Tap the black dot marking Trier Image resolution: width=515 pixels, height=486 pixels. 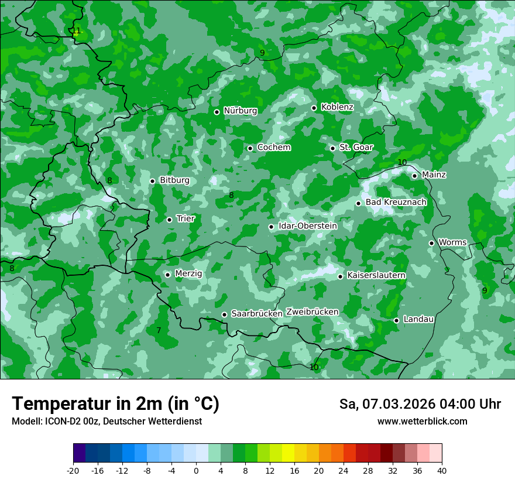click(x=169, y=220)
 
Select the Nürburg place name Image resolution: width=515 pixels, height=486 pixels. click(x=240, y=111)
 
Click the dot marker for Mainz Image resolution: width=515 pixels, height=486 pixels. click(x=414, y=176)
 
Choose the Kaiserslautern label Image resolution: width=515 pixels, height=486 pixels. click(x=376, y=275)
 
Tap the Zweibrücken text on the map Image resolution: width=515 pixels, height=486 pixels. click(x=312, y=312)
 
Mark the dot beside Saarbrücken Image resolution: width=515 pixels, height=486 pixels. click(x=224, y=314)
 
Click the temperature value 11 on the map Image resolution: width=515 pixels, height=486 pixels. click(x=76, y=31)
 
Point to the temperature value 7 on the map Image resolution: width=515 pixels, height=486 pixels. click(x=159, y=331)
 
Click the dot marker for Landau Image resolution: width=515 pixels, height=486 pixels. click(x=396, y=320)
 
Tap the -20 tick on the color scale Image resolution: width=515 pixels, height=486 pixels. click(x=73, y=471)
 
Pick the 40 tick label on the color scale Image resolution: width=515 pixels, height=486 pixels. click(x=441, y=471)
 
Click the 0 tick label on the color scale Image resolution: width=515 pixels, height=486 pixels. click(x=196, y=471)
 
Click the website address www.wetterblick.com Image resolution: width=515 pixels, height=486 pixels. click(x=422, y=421)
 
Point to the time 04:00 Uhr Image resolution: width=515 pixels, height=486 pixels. click(x=469, y=404)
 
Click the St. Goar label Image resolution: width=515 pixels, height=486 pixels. click(x=356, y=147)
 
